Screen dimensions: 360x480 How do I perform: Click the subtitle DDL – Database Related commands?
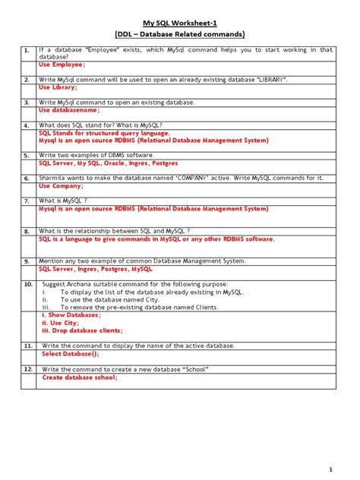(x=179, y=34)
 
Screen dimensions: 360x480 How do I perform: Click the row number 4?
(x=26, y=125)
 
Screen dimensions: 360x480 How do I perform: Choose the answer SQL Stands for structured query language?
(x=105, y=132)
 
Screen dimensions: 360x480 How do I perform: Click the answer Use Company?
(x=62, y=185)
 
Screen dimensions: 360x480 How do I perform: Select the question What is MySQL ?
(x=71, y=201)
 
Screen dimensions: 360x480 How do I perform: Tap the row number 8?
(x=26, y=231)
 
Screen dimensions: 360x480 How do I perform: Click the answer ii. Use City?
(x=60, y=323)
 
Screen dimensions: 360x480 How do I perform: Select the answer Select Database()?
(x=71, y=354)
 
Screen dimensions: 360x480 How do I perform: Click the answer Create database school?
(x=80, y=377)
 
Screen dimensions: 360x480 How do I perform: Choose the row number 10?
(x=27, y=283)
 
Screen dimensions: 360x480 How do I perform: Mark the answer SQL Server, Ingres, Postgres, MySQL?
(x=96, y=269)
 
